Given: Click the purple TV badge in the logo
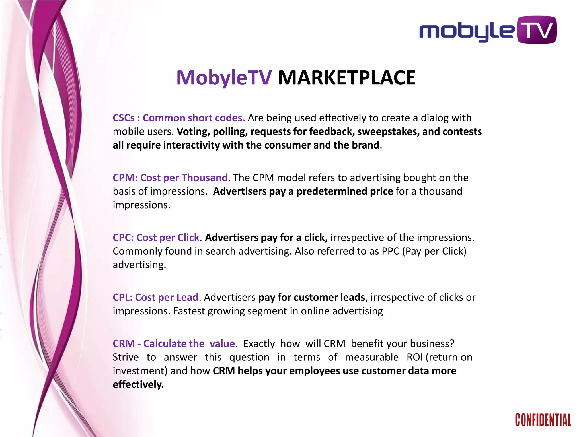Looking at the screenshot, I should pyautogui.click(x=536, y=30).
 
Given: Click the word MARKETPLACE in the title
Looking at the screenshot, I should pyautogui.click(x=346, y=78).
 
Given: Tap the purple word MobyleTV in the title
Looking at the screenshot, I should pyautogui.click(x=224, y=78).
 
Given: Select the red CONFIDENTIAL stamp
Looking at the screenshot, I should pyautogui.click(x=543, y=420).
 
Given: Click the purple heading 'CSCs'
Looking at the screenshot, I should pyautogui.click(x=124, y=118).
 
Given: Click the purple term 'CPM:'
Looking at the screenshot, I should pyautogui.click(x=125, y=178).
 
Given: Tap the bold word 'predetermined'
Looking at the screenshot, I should pyautogui.click(x=332, y=191).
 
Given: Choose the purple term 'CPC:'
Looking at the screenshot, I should pyautogui.click(x=123, y=237).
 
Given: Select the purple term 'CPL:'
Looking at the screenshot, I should pyautogui.click(x=123, y=297).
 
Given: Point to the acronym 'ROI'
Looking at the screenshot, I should pyautogui.click(x=414, y=357).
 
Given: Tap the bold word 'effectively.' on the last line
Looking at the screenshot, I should pyautogui.click(x=138, y=384).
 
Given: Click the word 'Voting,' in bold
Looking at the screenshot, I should pyautogui.click(x=193, y=131).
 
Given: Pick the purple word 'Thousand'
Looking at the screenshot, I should pyautogui.click(x=205, y=178).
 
